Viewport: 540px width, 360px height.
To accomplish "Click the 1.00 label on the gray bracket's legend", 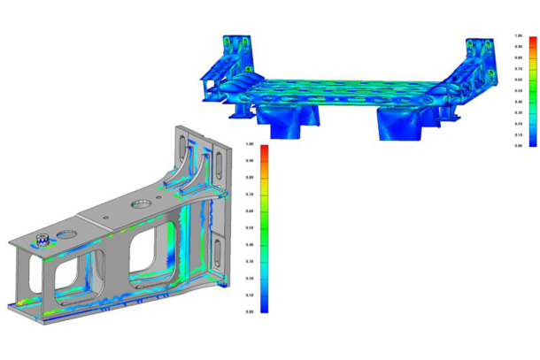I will (x=251, y=143).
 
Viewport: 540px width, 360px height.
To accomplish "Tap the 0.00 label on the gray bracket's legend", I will (x=251, y=311).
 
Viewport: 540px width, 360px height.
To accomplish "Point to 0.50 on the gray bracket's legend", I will (x=251, y=227).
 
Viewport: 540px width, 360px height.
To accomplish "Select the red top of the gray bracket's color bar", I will (x=263, y=150).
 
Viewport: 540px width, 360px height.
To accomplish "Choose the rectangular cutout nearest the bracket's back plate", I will (x=150, y=249).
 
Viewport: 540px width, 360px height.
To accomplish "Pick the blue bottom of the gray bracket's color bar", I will (x=263, y=305).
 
